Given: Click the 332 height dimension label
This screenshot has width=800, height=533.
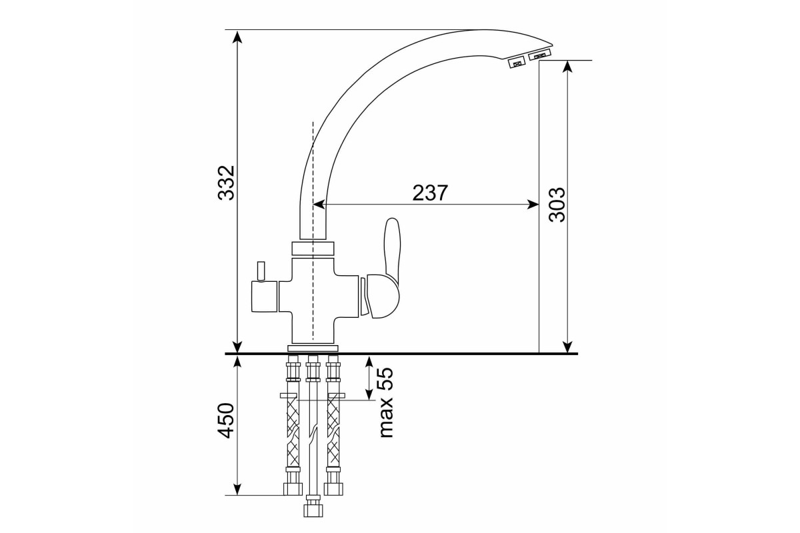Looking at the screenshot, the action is (226, 183).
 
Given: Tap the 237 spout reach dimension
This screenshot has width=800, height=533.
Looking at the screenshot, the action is (430, 193).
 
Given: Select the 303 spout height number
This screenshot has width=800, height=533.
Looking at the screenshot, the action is (557, 205).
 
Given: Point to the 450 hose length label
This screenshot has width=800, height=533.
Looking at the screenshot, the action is (226, 420).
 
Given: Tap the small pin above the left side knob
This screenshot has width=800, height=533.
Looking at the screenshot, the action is (261, 271).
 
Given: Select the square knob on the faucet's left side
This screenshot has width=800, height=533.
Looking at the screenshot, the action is (264, 296).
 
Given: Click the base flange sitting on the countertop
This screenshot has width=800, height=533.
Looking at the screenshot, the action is (313, 348).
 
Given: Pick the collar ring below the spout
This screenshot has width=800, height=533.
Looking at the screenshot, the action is (313, 249).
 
